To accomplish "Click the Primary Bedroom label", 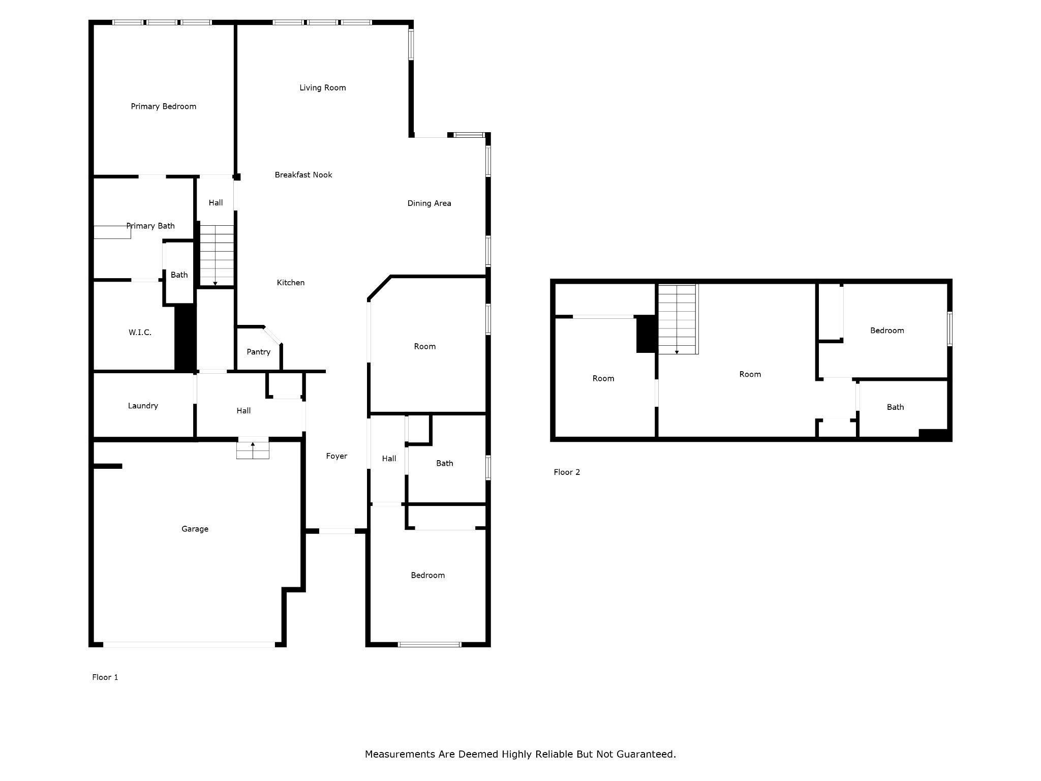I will pyautogui.click(x=163, y=106).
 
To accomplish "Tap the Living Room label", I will pyautogui.click(x=322, y=87).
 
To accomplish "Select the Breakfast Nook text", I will pyautogui.click(x=303, y=174).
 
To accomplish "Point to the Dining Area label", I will pyautogui.click(x=429, y=203).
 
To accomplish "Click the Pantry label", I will pyautogui.click(x=258, y=351).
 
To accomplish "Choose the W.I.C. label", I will pyautogui.click(x=140, y=332).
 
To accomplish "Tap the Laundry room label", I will pyautogui.click(x=143, y=405).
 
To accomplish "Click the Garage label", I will pyautogui.click(x=195, y=529).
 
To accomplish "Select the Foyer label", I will pyautogui.click(x=336, y=456).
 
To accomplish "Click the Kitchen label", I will pyautogui.click(x=290, y=282).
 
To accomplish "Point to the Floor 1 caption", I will pyautogui.click(x=105, y=677).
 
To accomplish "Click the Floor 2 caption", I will pyautogui.click(x=567, y=472).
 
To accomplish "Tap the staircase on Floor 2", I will pyautogui.click(x=678, y=319).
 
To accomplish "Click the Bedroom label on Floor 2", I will pyautogui.click(x=887, y=330).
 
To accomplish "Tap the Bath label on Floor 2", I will pyautogui.click(x=895, y=407).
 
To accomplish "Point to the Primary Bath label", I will pyautogui.click(x=150, y=226).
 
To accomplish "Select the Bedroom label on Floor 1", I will pyautogui.click(x=427, y=575).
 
